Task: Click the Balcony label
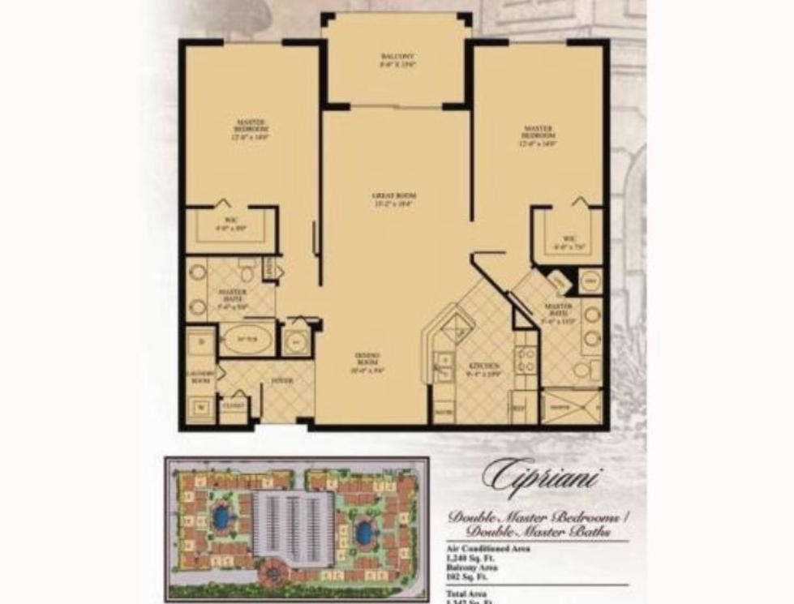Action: (x=397, y=59)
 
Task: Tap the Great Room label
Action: (x=394, y=199)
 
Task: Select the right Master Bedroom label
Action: (x=538, y=135)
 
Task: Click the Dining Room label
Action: (x=366, y=362)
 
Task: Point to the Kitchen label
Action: (x=477, y=370)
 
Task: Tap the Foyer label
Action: (x=281, y=379)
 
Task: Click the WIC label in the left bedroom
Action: (x=231, y=225)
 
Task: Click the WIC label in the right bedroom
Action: (x=569, y=240)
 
